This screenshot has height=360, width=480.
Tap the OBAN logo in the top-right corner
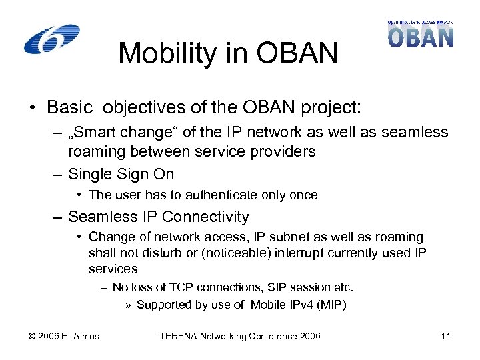pos(421,34)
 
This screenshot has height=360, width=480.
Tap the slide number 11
pos(446,336)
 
